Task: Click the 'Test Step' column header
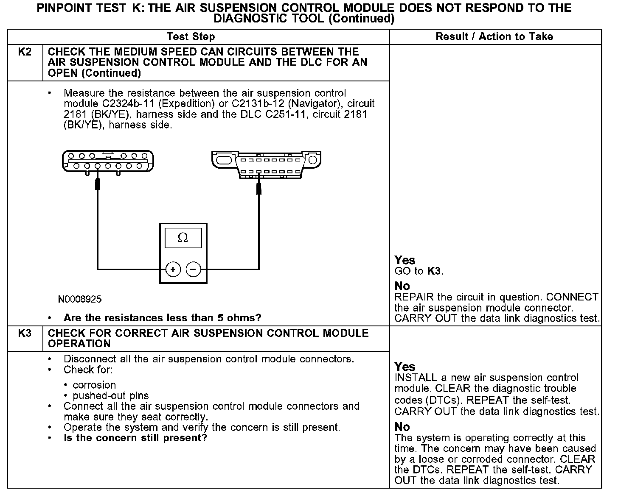coord(191,37)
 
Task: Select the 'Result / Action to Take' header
coord(494,37)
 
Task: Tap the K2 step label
coord(25,52)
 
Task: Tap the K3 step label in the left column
coord(25,334)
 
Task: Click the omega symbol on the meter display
coord(183,237)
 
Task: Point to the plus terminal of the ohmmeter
coord(173,269)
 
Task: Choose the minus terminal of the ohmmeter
coord(193,269)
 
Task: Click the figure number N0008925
coord(80,300)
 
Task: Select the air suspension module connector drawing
coord(108,161)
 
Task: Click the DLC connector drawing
coord(266,164)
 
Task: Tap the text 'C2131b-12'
coord(257,104)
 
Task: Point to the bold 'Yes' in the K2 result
coord(405,260)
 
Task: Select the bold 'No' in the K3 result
coord(402,427)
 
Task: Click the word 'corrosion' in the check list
coord(94,385)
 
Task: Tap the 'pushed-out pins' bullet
coord(110,396)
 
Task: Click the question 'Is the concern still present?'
coord(135,438)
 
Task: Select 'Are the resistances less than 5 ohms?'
coord(162,318)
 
